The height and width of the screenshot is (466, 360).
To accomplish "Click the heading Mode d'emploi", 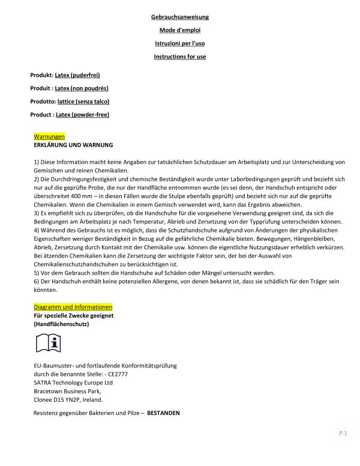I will tap(180, 30).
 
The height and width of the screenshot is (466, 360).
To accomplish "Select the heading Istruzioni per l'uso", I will tap(180, 43).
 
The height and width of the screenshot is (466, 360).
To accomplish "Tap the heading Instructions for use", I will tap(180, 56).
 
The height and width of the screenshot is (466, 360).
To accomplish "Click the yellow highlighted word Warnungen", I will tap(49, 137).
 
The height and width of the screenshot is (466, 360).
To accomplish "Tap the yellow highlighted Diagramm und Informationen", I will tap(73, 307).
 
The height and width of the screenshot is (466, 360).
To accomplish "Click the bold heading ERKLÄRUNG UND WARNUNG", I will tap(73, 145).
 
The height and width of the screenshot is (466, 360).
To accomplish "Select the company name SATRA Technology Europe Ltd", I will tap(74, 382).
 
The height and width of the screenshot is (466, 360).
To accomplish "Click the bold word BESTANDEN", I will tap(163, 414).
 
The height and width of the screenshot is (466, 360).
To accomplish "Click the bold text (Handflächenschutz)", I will tap(62, 324).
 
